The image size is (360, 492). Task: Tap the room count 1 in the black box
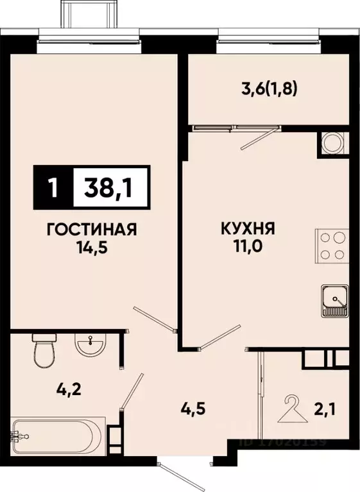54,188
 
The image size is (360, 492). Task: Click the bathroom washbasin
90,346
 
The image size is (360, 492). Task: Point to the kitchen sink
334,300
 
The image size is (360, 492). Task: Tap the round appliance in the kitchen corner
333,142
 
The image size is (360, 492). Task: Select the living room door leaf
154,319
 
